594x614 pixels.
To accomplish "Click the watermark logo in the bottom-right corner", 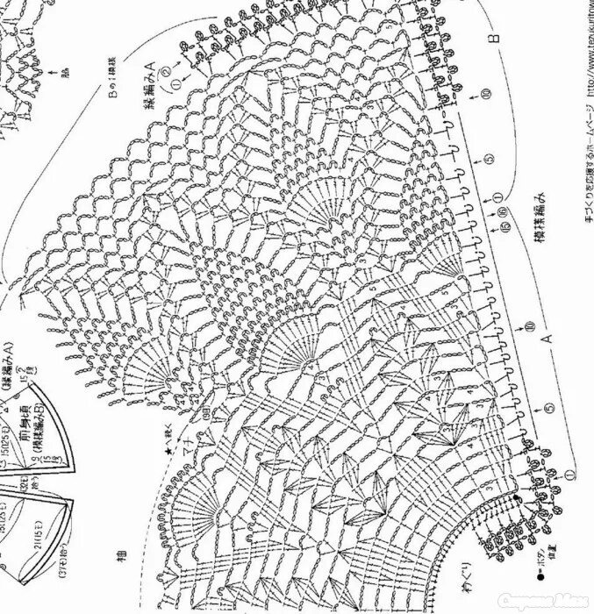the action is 552,603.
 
